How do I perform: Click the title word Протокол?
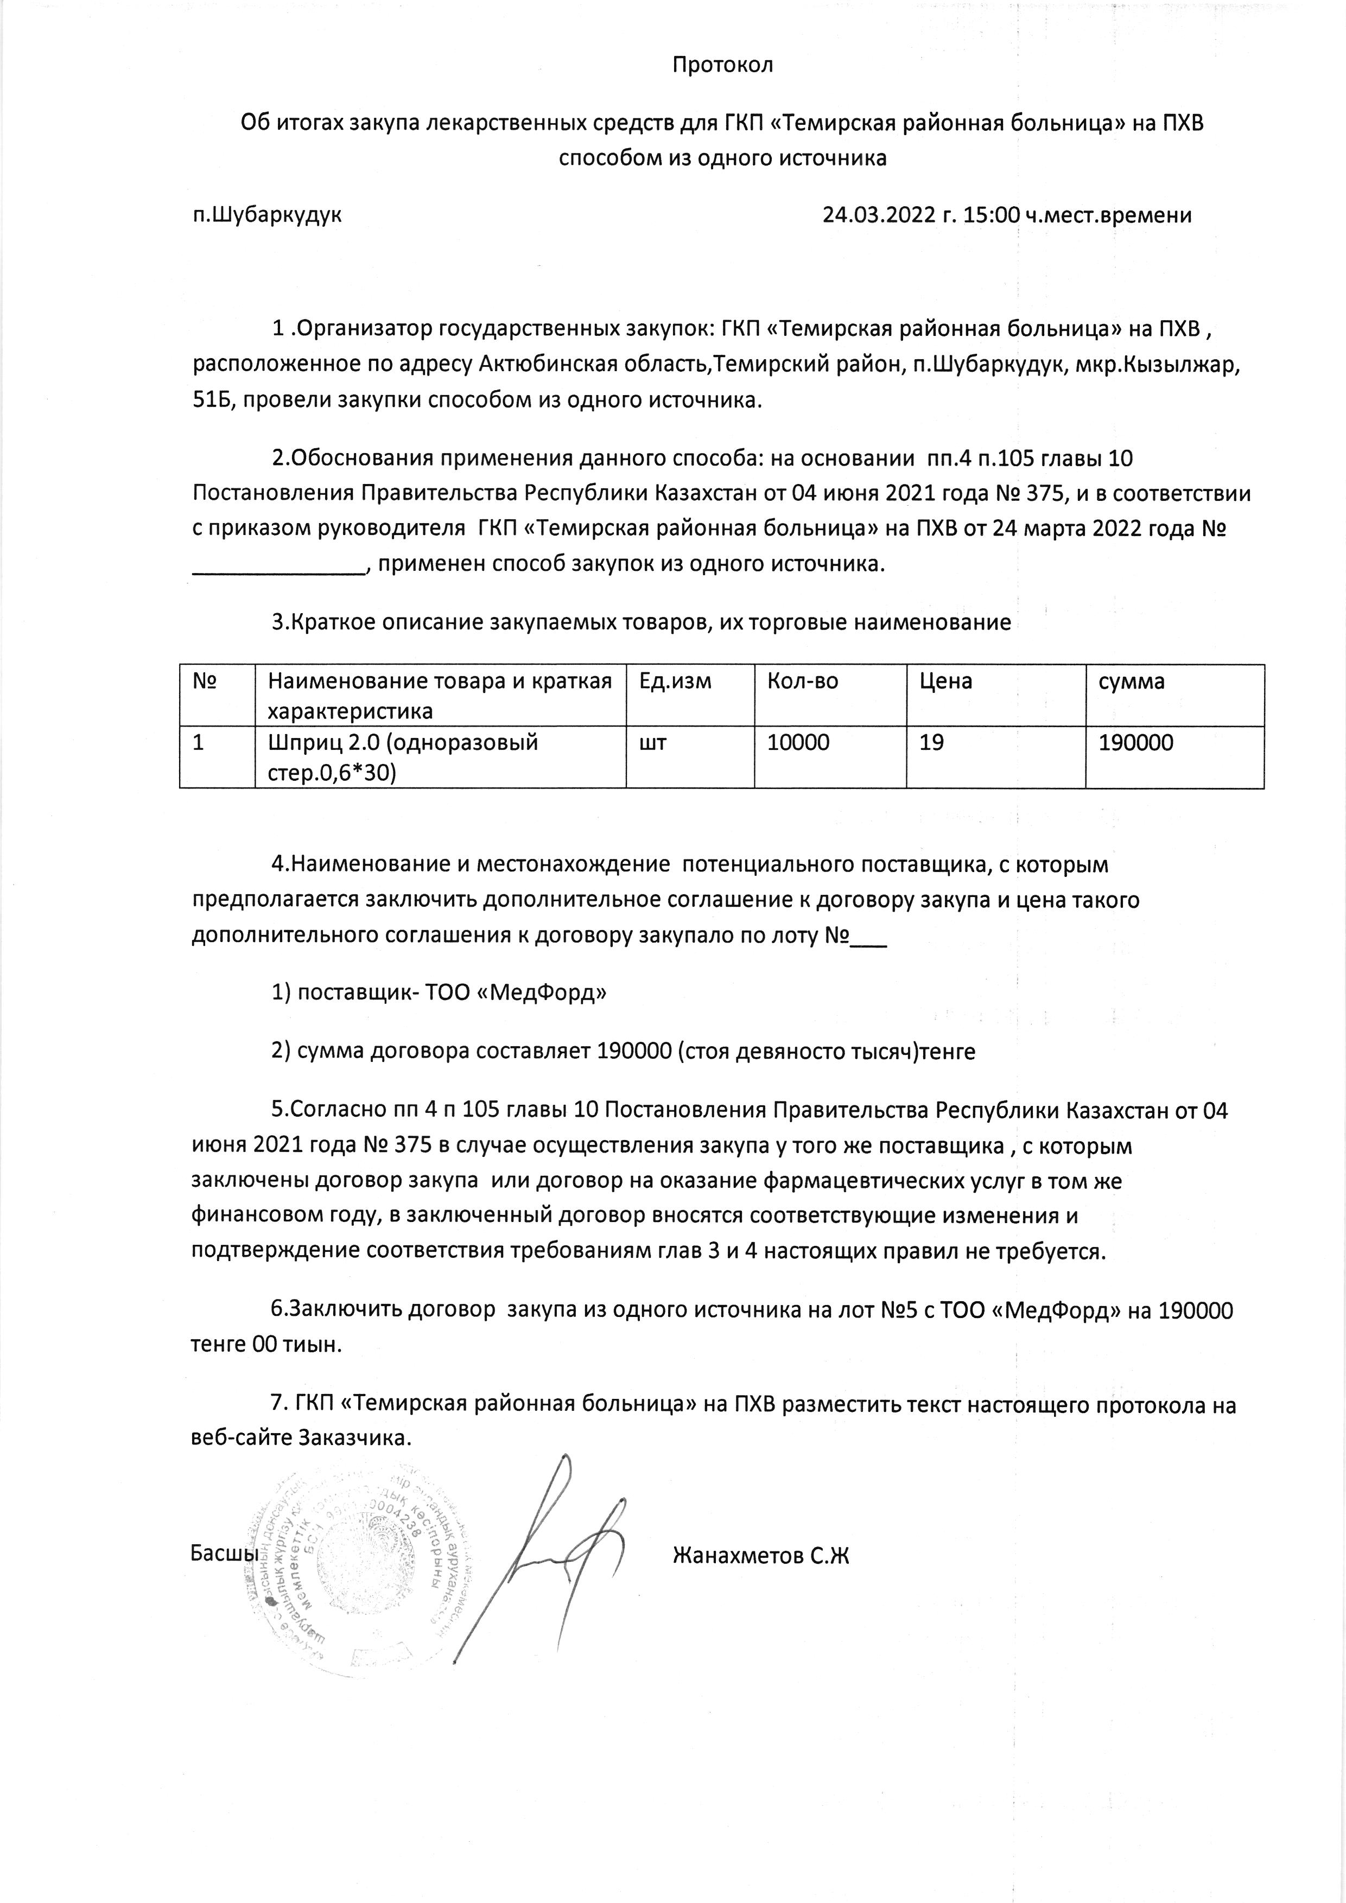click(722, 65)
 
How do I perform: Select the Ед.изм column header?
click(676, 682)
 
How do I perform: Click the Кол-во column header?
click(802, 682)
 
